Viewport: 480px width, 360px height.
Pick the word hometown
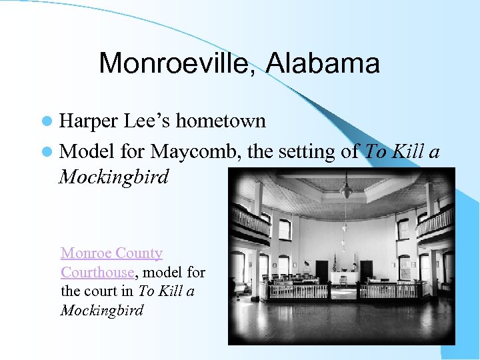(221, 121)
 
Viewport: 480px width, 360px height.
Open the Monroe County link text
(111, 253)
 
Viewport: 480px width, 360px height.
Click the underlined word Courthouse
(97, 272)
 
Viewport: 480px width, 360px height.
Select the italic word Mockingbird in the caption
(101, 311)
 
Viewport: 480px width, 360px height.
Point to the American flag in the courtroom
(334, 265)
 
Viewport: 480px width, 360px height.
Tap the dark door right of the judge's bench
(366, 271)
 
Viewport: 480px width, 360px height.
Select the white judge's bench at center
(344, 277)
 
